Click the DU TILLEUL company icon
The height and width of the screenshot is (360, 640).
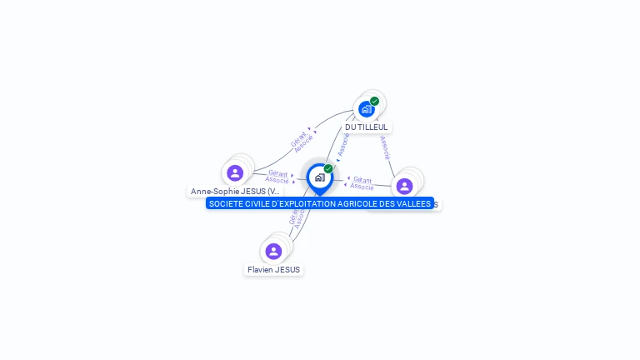tap(366, 109)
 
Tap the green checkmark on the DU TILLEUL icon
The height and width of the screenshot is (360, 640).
tap(375, 101)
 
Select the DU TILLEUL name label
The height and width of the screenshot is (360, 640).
tap(366, 127)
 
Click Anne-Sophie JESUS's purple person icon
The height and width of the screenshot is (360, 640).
tap(235, 172)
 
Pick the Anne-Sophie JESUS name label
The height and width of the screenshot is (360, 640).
tap(235, 192)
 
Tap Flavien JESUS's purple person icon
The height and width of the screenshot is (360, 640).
tap(273, 251)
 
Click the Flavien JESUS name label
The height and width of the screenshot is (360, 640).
tap(273, 270)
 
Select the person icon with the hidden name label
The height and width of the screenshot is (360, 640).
tap(405, 186)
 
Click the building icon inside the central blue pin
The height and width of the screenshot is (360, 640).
tap(319, 177)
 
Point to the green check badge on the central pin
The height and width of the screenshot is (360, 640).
tap(328, 168)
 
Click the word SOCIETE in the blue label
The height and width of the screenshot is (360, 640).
tap(224, 204)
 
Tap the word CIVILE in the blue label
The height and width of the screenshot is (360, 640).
tap(255, 204)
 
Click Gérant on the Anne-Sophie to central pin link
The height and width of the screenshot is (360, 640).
tap(277, 173)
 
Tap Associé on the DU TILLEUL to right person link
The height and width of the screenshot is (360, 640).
tap(384, 147)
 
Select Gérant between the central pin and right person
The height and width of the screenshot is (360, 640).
tap(362, 179)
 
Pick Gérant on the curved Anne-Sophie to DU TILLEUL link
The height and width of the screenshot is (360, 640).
tap(298, 139)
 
